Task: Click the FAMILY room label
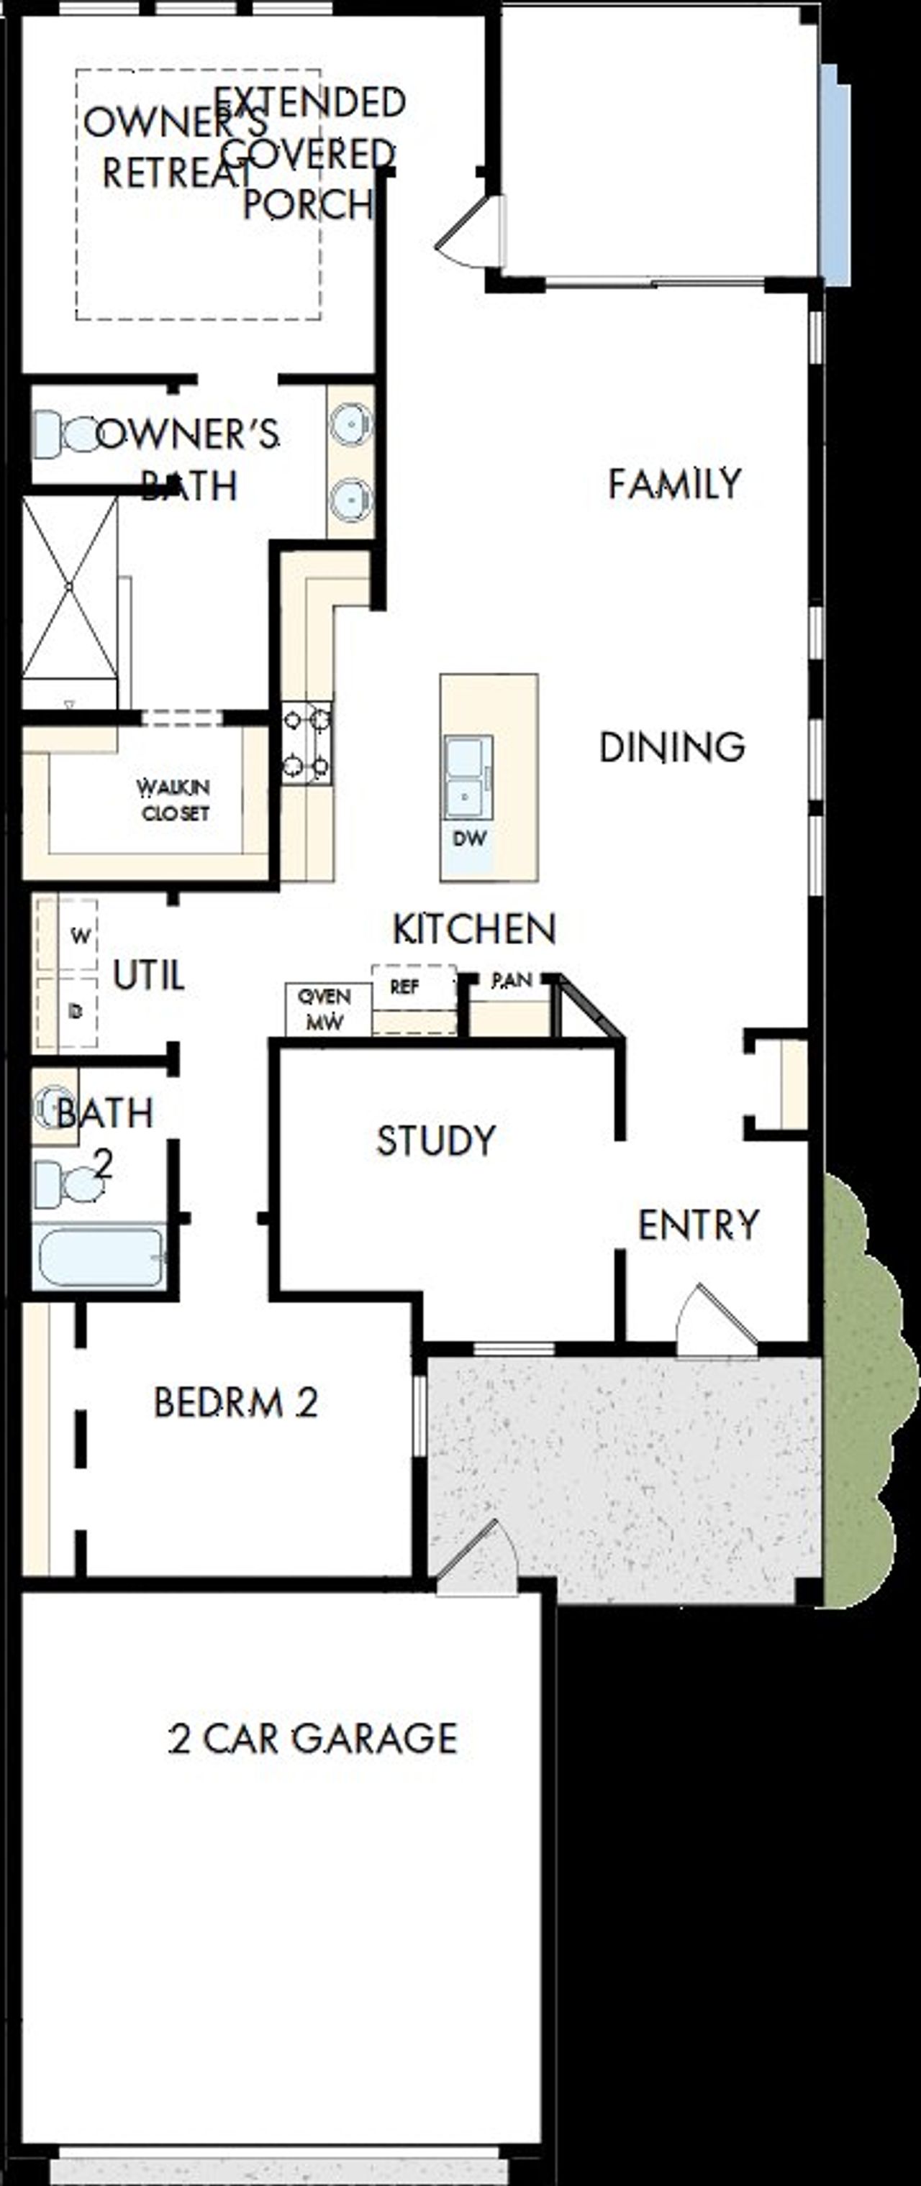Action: pyautogui.click(x=674, y=484)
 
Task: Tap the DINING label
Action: pyautogui.click(x=671, y=748)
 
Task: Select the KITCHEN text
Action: pyautogui.click(x=473, y=929)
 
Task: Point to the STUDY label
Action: pyautogui.click(x=436, y=1140)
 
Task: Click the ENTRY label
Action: pyautogui.click(x=698, y=1225)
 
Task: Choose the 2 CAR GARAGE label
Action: pyautogui.click(x=313, y=1738)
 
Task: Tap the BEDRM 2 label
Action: pyautogui.click(x=235, y=1403)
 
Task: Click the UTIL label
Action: pyautogui.click(x=148, y=976)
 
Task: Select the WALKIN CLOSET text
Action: pyautogui.click(x=175, y=800)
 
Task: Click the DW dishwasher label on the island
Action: pyautogui.click(x=469, y=838)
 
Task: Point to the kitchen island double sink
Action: pyautogui.click(x=468, y=777)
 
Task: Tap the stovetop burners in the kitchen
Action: pyautogui.click(x=307, y=743)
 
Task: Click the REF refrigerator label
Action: pyautogui.click(x=404, y=987)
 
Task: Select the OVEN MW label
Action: pyautogui.click(x=325, y=1010)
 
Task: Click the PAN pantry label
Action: pyautogui.click(x=512, y=980)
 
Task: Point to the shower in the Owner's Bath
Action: pyautogui.click(x=70, y=587)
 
